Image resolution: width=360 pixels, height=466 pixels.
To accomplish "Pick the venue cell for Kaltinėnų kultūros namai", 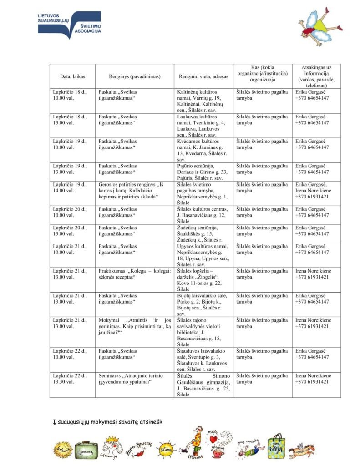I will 203,101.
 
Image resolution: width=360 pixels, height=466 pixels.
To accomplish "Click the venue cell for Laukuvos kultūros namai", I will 203,126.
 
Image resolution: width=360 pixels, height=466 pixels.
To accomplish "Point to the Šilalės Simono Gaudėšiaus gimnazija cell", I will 203,385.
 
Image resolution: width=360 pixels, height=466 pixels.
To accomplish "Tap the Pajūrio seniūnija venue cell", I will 203,172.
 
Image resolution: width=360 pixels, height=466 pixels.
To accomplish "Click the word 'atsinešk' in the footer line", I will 149,421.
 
